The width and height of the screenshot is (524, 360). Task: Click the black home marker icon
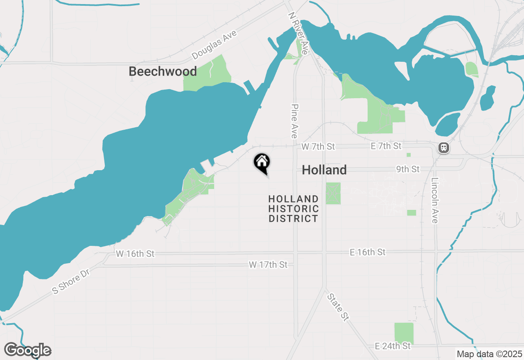tap(262, 163)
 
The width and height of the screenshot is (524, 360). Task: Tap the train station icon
tap(443, 148)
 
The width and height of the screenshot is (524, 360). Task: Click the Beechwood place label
tap(163, 71)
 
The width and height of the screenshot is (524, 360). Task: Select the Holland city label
tap(324, 170)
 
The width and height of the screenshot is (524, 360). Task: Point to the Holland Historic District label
tap(293, 209)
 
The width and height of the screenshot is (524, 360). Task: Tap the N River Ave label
tap(298, 33)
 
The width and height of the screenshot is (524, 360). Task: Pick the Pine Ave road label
tap(294, 120)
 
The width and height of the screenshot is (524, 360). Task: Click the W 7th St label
tap(318, 146)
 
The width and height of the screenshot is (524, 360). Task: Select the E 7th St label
tap(386, 146)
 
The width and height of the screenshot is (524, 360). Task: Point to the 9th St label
tap(408, 169)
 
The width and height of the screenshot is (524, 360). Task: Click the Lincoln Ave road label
tap(435, 200)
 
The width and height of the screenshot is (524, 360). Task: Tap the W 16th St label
tap(135, 254)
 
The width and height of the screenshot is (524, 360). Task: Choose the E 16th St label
tap(368, 252)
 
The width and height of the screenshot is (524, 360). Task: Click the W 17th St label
tap(268, 265)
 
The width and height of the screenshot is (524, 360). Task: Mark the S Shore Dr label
tap(71, 282)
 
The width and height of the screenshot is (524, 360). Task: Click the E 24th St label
tap(393, 346)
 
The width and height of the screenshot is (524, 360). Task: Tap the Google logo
tap(27, 350)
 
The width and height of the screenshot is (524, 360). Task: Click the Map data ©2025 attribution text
tap(489, 354)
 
